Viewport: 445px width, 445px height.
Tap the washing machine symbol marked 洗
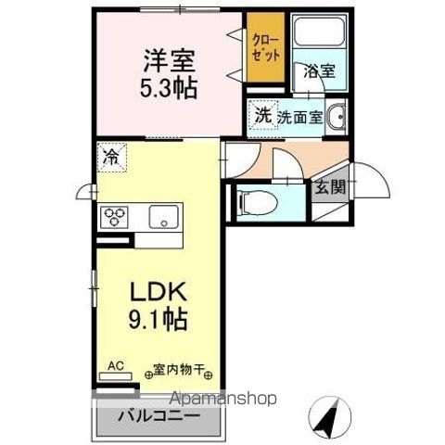tap(263, 116)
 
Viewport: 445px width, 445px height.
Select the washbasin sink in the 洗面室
tap(339, 118)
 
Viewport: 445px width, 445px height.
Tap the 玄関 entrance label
tap(330, 187)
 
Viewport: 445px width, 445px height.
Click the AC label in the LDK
tap(116, 367)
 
